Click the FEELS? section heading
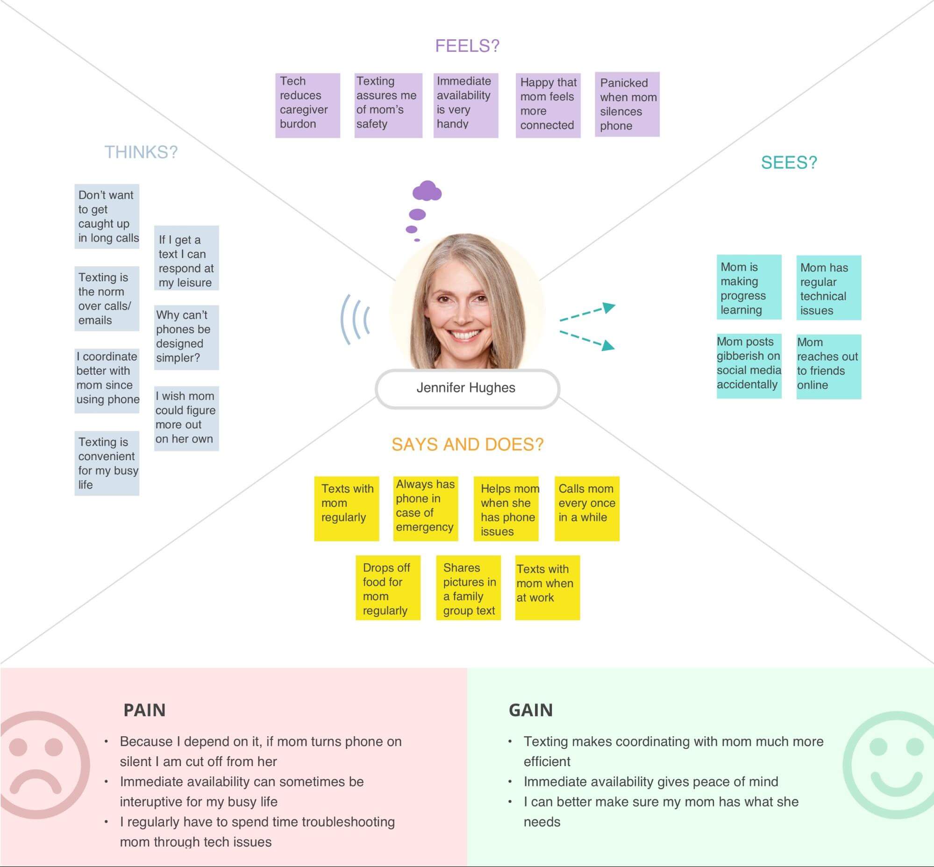coord(467,46)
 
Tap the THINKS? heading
coord(141,152)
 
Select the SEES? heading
coord(789,162)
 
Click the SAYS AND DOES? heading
coord(467,444)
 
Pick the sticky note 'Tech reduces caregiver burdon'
coord(307,105)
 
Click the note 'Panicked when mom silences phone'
coord(627,104)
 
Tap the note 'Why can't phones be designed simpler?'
coord(186,337)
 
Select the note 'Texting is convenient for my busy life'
coord(107,463)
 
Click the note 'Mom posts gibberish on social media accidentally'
coord(749,366)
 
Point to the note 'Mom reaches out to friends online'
coord(828,366)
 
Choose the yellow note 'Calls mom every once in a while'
coord(587,509)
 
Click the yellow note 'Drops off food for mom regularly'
coord(388,588)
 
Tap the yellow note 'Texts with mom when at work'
coord(547,588)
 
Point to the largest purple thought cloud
coord(427,191)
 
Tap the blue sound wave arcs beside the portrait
coord(355,320)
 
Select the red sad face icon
coord(40,765)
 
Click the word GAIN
coord(530,710)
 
